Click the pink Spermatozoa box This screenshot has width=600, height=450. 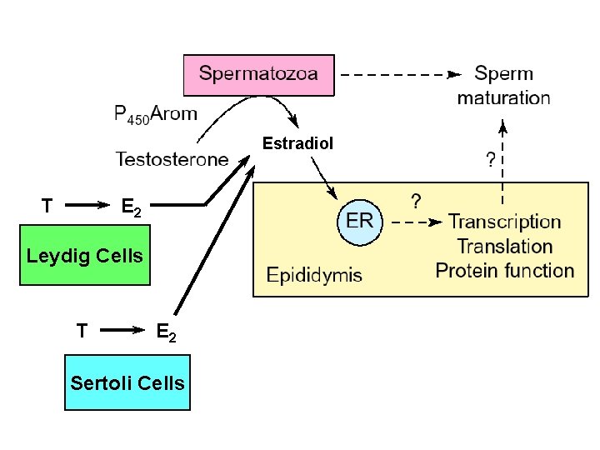point(258,74)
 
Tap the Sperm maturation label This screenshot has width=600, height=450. point(503,86)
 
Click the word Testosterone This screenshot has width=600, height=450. point(172,157)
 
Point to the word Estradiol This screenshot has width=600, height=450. point(297,143)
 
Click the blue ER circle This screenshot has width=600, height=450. point(359,222)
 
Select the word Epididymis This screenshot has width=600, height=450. point(314,274)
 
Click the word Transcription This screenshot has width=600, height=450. point(504,222)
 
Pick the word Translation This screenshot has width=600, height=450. point(504,247)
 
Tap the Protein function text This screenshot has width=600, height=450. point(504,271)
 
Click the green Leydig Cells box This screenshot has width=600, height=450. point(85,255)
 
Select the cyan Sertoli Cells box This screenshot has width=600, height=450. point(127,382)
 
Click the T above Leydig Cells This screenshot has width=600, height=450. point(47,204)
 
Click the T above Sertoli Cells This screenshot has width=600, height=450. point(81,332)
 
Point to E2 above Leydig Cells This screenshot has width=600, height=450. point(132,207)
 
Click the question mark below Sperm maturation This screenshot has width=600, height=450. point(491,159)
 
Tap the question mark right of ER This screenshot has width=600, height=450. point(416,202)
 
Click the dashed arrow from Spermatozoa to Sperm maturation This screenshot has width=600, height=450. point(400,74)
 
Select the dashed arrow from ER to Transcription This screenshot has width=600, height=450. point(415,222)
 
